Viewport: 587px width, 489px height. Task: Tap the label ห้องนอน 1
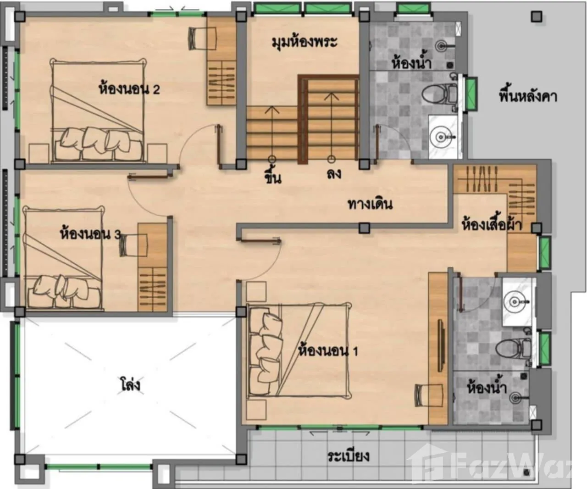[x=328, y=351]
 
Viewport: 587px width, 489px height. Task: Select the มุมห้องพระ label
[x=304, y=43]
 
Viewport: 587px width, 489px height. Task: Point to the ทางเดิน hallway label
[x=370, y=204]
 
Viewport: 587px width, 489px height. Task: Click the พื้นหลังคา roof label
[x=528, y=96]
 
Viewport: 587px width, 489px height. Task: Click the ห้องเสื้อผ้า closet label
[x=492, y=224]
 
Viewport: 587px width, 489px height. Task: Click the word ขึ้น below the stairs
[x=273, y=177]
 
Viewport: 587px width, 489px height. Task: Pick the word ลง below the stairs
[x=334, y=173]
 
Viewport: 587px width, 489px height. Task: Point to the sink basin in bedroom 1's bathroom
[x=515, y=302]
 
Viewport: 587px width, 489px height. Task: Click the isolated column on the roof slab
[x=537, y=17]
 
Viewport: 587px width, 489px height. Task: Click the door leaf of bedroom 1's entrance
[x=259, y=240]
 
